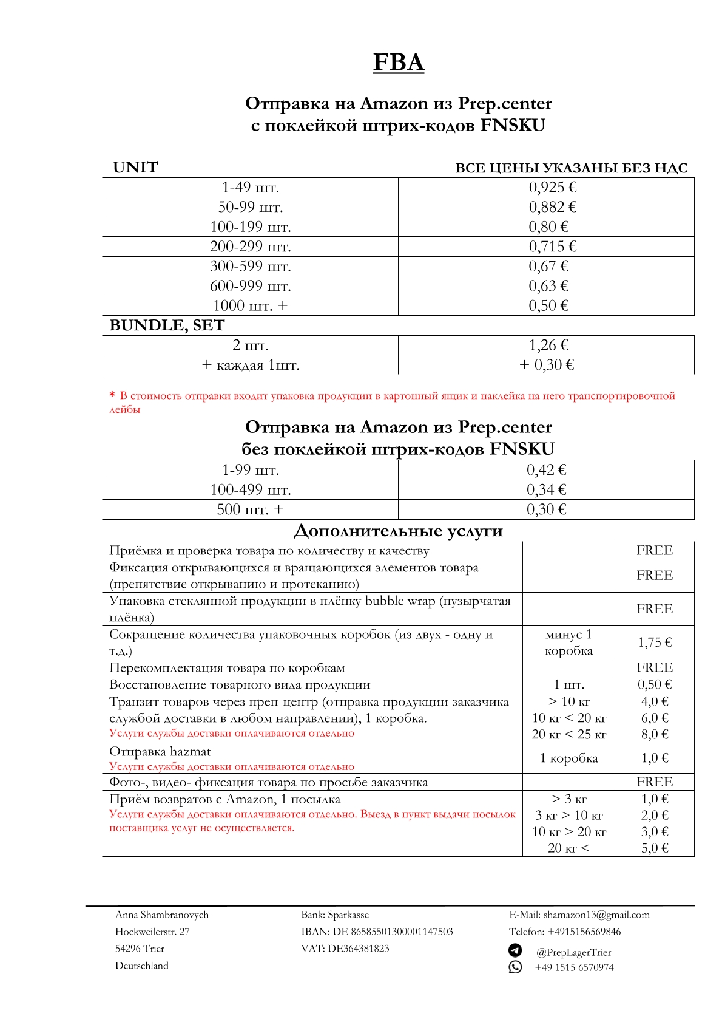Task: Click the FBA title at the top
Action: [398, 63]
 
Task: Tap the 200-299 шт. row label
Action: [250, 247]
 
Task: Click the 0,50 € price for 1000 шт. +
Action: [548, 305]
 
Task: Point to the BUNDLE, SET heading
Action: [167, 325]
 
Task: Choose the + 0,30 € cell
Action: [547, 365]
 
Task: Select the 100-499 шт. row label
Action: [250, 490]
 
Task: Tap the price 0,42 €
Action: [546, 470]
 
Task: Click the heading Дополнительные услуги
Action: [398, 531]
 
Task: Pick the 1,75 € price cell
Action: [654, 642]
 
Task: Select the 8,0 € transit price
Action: [654, 734]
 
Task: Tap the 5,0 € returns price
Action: [654, 848]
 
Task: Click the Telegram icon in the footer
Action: [515, 950]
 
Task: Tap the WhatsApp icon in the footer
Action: [515, 967]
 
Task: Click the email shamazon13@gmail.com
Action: [596, 915]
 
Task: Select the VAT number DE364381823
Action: [359, 949]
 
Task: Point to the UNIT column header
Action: [135, 168]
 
